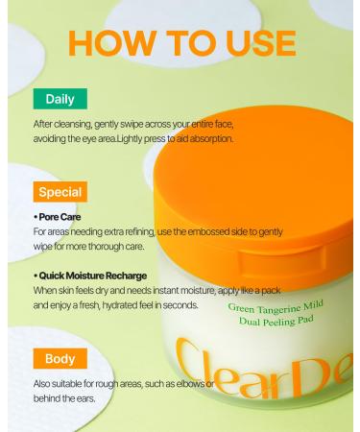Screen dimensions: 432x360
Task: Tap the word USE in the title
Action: pyautogui.click(x=254, y=42)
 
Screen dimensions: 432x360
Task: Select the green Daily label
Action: pyautogui.click(x=60, y=98)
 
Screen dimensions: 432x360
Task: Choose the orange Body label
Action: pyautogui.click(x=60, y=360)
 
